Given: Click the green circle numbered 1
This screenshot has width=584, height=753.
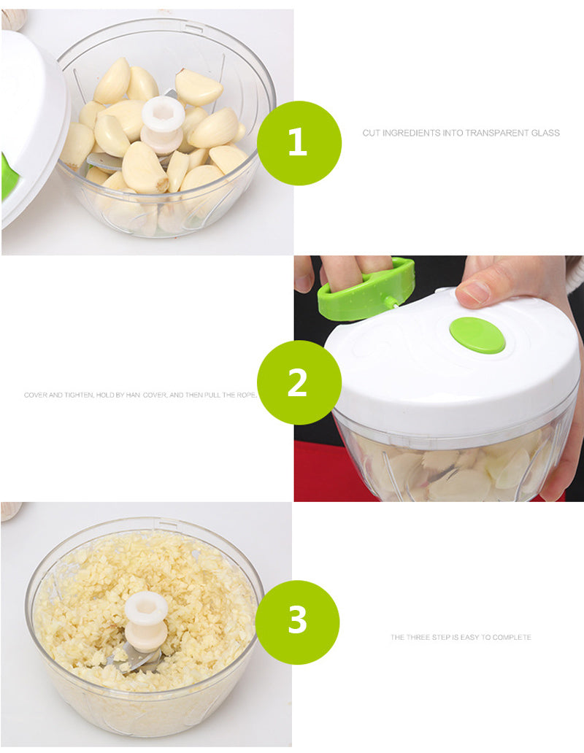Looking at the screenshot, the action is click(x=299, y=143).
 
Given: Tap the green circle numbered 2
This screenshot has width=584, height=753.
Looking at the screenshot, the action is click(x=299, y=382).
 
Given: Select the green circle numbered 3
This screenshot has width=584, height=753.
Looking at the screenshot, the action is click(x=297, y=622).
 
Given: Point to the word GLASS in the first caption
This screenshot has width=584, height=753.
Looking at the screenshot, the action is click(x=545, y=133).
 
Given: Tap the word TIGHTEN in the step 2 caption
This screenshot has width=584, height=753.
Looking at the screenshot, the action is click(x=79, y=395).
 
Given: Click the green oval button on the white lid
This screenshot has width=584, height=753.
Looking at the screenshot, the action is click(x=477, y=335).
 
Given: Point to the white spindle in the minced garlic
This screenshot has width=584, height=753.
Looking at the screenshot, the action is click(x=146, y=622).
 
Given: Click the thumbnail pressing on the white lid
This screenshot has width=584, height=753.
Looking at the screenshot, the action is click(x=472, y=293).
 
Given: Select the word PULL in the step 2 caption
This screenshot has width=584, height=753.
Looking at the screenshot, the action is click(x=212, y=395).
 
